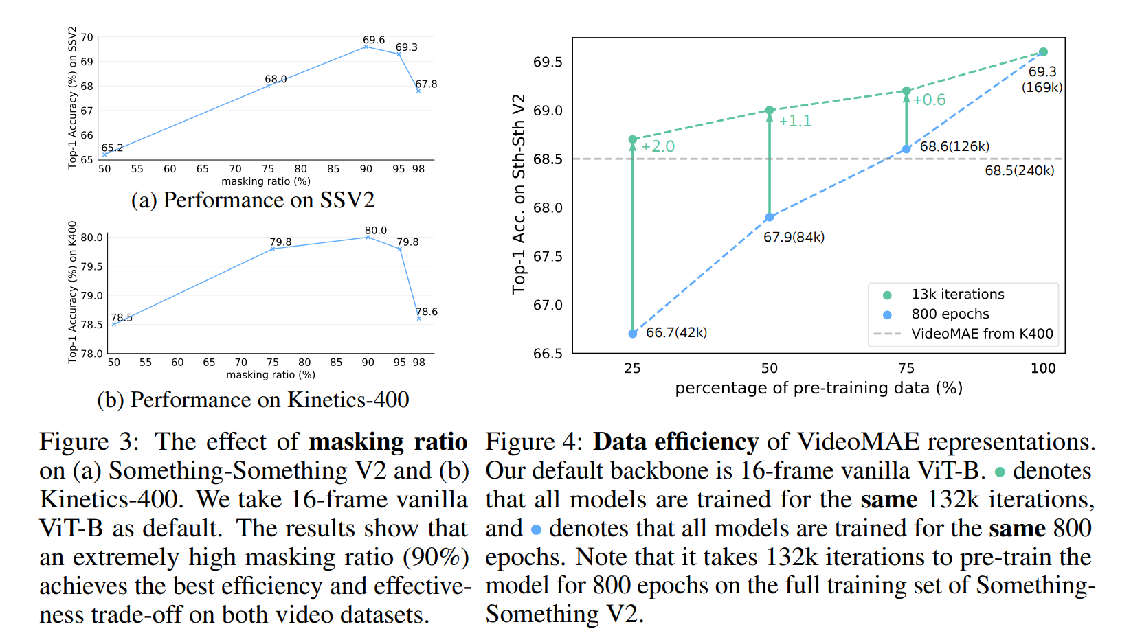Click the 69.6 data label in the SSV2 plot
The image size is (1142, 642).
(x=374, y=40)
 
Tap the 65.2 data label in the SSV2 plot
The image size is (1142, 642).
(x=112, y=148)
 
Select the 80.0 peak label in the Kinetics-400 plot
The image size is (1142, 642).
(x=376, y=230)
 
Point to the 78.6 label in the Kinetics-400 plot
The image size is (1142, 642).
(x=427, y=311)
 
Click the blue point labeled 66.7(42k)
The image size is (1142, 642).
(x=633, y=334)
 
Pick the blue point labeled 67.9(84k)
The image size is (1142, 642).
(x=770, y=217)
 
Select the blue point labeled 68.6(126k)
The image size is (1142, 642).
(x=906, y=149)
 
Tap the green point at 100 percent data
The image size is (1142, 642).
(x=1043, y=52)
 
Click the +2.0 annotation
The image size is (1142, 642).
(x=658, y=147)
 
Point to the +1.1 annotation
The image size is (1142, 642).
(x=795, y=121)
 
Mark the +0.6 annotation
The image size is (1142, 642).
(x=930, y=100)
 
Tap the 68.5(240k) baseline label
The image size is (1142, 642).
(x=1019, y=171)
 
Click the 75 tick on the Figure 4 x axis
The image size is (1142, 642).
(x=906, y=369)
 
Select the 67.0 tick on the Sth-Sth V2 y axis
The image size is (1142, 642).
(x=548, y=305)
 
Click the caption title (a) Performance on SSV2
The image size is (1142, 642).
(x=253, y=200)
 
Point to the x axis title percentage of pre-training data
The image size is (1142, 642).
(x=819, y=388)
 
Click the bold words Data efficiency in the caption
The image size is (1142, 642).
(x=675, y=442)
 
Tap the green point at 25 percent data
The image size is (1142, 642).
(x=633, y=139)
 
